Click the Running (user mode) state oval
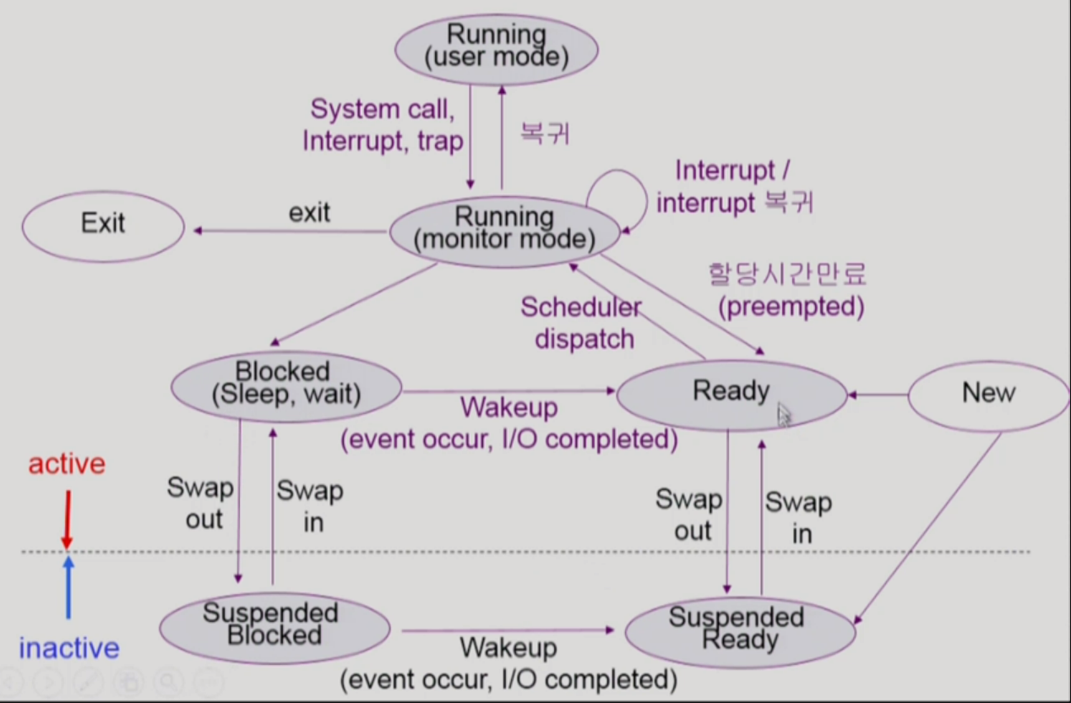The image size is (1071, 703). [x=497, y=48]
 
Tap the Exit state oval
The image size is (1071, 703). [x=102, y=224]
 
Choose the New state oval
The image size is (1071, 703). [x=987, y=393]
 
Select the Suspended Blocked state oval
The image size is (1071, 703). [x=275, y=625]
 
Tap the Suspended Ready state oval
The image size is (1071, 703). [x=740, y=629]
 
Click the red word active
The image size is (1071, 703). [x=67, y=464]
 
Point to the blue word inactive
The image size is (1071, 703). [x=68, y=649]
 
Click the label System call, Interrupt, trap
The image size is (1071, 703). [x=383, y=125]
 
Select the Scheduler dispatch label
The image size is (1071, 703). [x=581, y=324]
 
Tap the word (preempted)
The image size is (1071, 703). [x=791, y=307]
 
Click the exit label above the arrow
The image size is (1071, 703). [x=309, y=212]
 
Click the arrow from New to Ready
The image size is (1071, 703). [x=878, y=394]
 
